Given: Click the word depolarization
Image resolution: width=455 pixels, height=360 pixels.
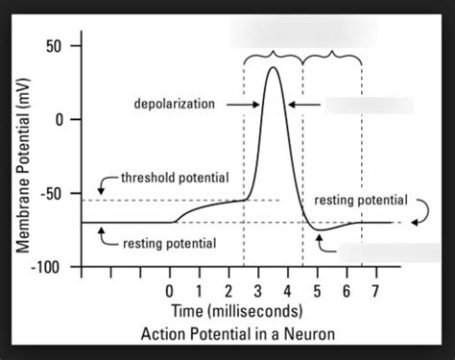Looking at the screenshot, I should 175,104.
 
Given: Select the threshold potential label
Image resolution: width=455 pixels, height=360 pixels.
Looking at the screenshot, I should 174,179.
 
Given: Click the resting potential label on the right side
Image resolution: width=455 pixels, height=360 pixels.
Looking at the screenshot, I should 361,201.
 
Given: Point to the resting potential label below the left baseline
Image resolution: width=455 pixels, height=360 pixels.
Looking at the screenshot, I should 168,244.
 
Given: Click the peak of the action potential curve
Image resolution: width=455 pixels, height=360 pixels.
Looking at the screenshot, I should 275,67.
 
